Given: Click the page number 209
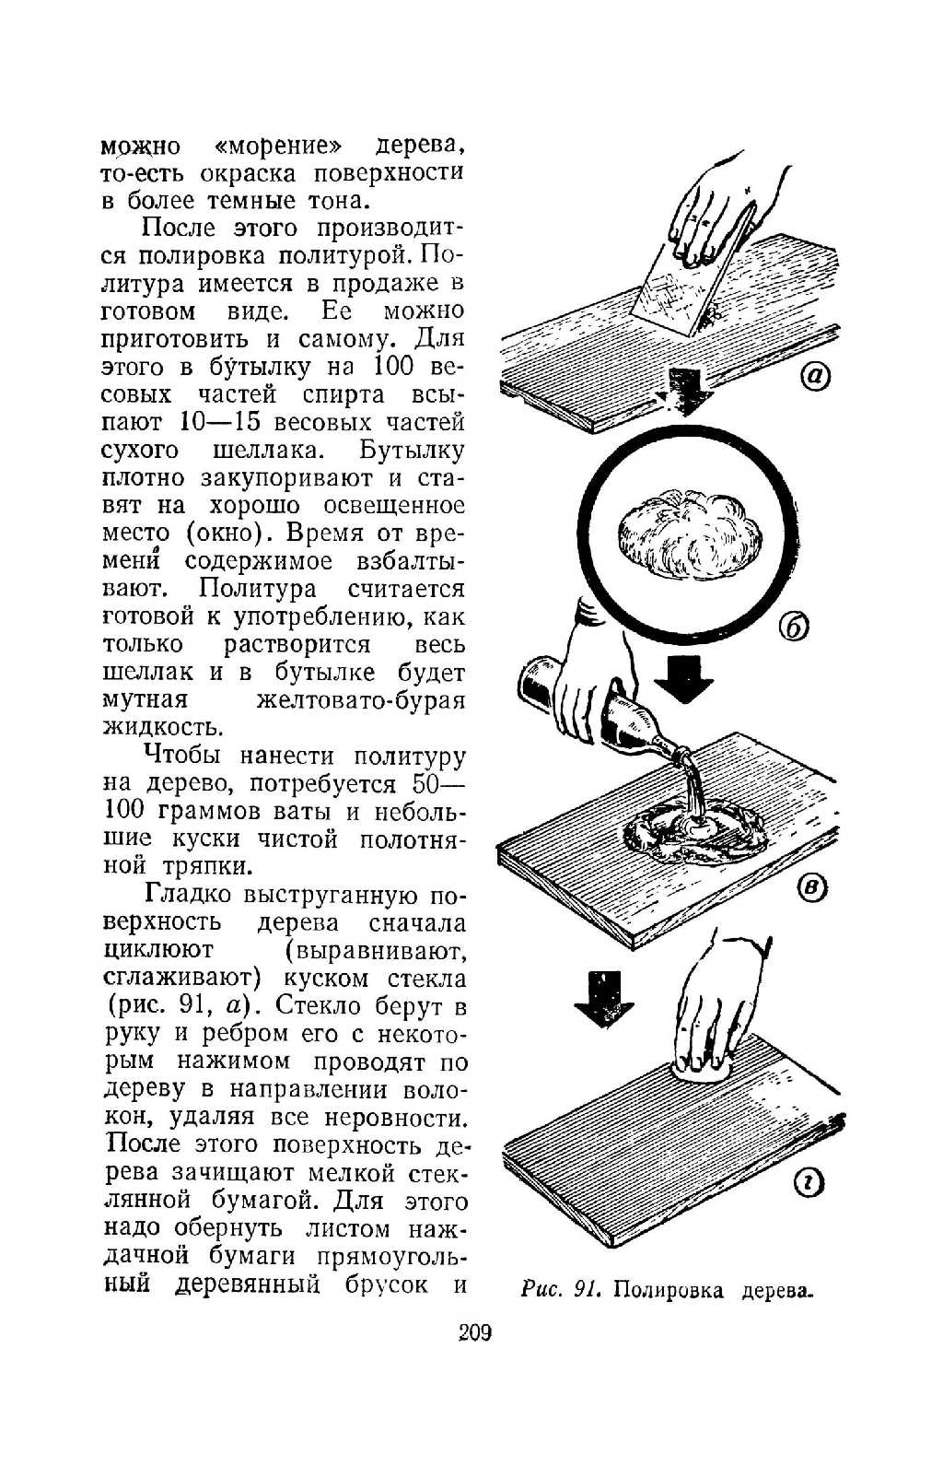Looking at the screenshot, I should (x=474, y=1332).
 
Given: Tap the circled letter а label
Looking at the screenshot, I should (x=816, y=376).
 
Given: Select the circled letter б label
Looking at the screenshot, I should (x=793, y=627).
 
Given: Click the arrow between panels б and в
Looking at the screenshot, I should (x=683, y=679).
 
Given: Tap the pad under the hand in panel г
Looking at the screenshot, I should (x=700, y=1069).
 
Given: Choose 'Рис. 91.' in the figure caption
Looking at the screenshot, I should (x=560, y=1289).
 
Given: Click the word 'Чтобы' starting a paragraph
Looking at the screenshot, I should (x=182, y=756).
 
